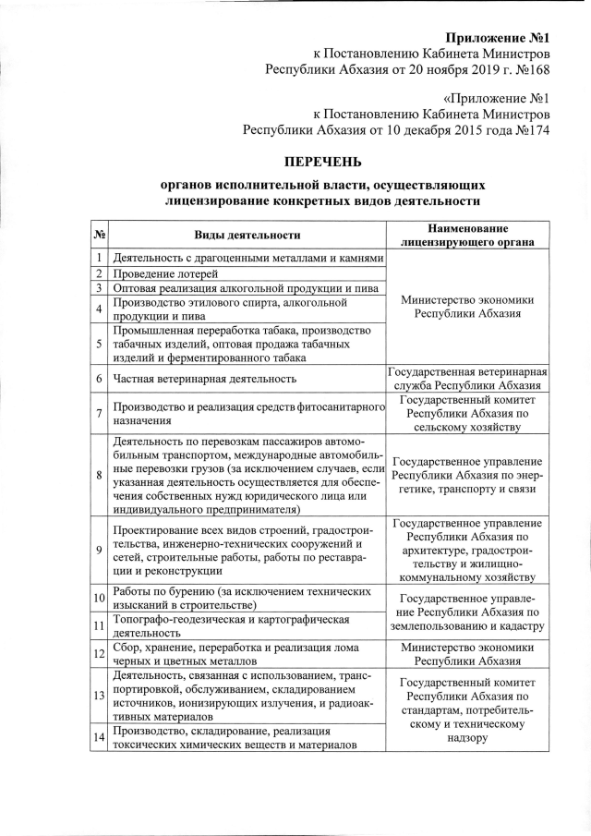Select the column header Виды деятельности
(x=247, y=236)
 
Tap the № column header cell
(x=100, y=236)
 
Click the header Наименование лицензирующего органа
(x=468, y=236)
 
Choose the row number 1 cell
(x=99, y=257)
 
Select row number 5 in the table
(x=99, y=345)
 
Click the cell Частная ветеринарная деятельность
(x=204, y=379)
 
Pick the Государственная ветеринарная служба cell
(x=468, y=379)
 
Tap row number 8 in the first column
(x=99, y=475)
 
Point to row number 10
(x=99, y=599)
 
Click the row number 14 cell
(x=99, y=737)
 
